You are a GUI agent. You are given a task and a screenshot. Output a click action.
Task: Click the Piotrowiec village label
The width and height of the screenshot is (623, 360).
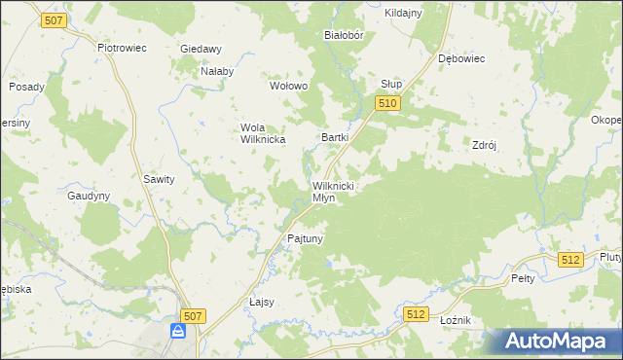tap(122, 47)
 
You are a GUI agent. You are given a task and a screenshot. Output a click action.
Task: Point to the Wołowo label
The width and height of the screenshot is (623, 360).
tap(288, 86)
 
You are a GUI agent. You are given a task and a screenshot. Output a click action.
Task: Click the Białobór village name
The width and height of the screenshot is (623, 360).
tap(343, 34)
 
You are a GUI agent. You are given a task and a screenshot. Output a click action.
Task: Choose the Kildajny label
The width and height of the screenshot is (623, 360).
tap(403, 13)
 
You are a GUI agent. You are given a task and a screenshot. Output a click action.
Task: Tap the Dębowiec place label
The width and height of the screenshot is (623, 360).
tap(461, 58)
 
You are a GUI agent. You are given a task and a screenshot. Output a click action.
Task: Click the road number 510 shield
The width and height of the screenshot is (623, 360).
tap(388, 103)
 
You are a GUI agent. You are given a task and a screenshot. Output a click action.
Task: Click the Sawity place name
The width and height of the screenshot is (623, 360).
tap(159, 179)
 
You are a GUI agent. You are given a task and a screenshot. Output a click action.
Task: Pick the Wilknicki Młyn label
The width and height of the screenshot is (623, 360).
tap(337, 191)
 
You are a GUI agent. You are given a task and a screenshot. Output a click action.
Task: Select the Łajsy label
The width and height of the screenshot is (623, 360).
tap(262, 302)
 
